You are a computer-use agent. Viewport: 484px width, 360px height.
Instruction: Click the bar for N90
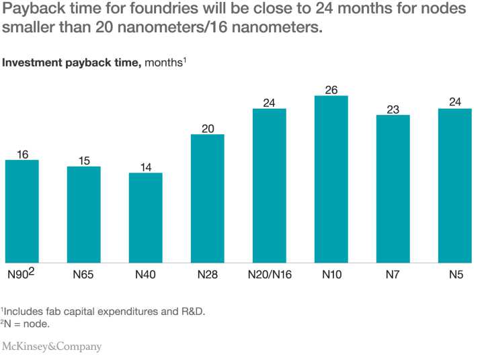coord(22,212)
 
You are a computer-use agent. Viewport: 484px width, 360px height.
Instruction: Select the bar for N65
coord(84,215)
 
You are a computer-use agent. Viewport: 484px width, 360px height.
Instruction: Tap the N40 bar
coord(146,218)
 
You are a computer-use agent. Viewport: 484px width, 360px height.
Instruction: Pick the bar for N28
coord(208,199)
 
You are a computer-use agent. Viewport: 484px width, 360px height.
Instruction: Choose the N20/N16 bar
coord(270,186)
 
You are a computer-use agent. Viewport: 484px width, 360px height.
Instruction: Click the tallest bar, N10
coord(331,179)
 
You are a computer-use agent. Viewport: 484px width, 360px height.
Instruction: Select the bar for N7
coord(393,189)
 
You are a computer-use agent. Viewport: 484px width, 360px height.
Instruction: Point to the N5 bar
coord(455,186)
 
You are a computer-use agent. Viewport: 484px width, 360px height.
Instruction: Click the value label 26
coord(331,90)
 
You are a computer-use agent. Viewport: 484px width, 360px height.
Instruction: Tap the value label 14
coord(146,167)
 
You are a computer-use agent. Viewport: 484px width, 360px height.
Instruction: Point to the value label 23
coord(393,109)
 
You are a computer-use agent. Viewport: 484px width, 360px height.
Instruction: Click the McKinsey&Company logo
coord(52,347)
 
